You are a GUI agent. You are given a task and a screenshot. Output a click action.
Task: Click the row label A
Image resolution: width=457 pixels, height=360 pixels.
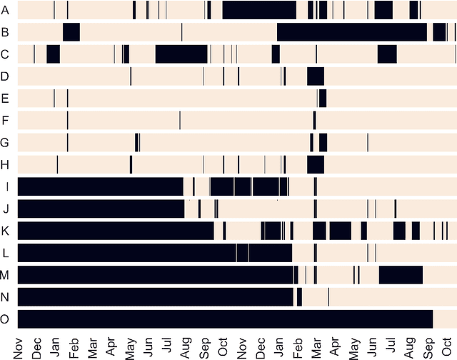pyautogui.click(x=5, y=10)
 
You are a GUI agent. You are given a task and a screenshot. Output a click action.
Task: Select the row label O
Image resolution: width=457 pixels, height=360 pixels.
pyautogui.click(x=5, y=319)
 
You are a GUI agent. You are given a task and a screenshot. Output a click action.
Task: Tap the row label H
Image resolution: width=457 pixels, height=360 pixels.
pyautogui.click(x=5, y=164)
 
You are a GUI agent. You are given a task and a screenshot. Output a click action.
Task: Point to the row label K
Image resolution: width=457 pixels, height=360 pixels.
pyautogui.click(x=5, y=231)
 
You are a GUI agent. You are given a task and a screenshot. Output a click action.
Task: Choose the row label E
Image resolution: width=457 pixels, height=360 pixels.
pyautogui.click(x=5, y=99)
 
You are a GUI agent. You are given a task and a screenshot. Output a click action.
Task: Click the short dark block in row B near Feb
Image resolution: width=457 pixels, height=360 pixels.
pyautogui.click(x=71, y=32)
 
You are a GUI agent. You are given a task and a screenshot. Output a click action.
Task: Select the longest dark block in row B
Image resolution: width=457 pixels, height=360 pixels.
pyautogui.click(x=352, y=32)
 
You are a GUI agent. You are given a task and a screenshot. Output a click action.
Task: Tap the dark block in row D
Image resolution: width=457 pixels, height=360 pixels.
pyautogui.click(x=316, y=76)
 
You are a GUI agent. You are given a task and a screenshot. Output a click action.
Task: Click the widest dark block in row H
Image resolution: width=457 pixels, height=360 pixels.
pyautogui.click(x=316, y=164)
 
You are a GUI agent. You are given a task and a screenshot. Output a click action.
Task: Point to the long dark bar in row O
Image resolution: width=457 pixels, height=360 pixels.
pyautogui.click(x=225, y=319)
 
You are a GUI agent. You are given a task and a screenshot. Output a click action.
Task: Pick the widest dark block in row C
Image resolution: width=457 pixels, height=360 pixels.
pyautogui.click(x=181, y=54)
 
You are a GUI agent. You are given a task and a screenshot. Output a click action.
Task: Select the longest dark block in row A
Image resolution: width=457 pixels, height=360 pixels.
pyautogui.click(x=259, y=10)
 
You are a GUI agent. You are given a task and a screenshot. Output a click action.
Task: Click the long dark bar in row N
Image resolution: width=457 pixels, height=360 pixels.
pyautogui.click(x=155, y=296)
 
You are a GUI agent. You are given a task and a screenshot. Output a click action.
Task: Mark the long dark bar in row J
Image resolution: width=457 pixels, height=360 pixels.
pyautogui.click(x=101, y=209)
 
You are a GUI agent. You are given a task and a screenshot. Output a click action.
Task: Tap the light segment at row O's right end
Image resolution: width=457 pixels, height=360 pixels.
pyautogui.click(x=444, y=319)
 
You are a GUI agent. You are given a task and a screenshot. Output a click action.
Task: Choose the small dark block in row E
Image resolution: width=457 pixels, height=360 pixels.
pyautogui.click(x=323, y=99)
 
